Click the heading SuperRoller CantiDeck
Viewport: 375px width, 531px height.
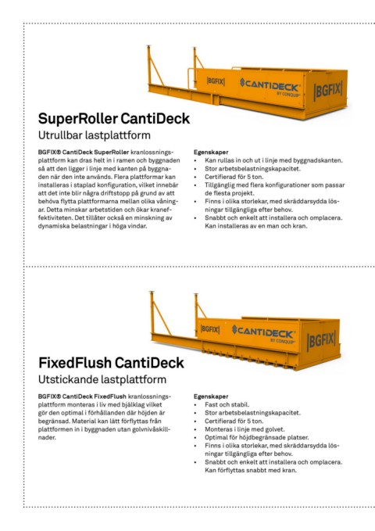coord(114,119)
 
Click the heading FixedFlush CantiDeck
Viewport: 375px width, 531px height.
coord(112,363)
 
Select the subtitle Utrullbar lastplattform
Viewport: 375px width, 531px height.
coord(95,135)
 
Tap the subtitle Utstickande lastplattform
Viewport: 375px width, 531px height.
coord(102,379)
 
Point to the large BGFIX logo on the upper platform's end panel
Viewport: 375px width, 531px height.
coord(328,91)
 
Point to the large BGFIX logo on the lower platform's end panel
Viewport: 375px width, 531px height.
coord(321,341)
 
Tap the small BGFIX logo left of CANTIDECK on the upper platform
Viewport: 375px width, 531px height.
coord(216,81)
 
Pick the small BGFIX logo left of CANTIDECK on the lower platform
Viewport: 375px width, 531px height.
coord(210,329)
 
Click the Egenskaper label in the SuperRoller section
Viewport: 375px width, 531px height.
coord(211,152)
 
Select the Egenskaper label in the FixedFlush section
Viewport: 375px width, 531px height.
coord(211,396)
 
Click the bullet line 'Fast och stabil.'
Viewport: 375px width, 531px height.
coord(227,404)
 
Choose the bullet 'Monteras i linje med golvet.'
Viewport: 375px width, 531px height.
coord(245,429)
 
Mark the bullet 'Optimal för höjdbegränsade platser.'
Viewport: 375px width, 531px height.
coord(256,437)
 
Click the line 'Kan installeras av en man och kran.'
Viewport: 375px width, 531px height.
coord(256,226)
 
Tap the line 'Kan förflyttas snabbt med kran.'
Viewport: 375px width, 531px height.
coord(251,470)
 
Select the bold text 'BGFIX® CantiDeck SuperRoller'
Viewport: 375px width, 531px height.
coord(84,152)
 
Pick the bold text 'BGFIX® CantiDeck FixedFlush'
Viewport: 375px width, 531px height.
coord(82,396)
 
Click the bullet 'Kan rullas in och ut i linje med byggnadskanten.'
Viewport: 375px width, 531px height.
coord(273,160)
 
